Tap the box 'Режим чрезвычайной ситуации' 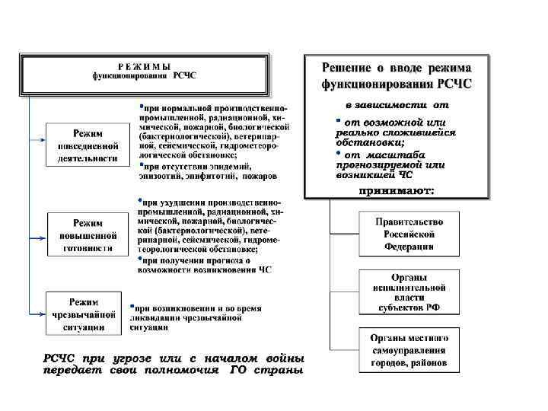(x=84, y=313)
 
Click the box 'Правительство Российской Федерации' (x=409, y=233)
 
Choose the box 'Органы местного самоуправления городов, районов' (x=409, y=350)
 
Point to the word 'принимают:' (x=397, y=190)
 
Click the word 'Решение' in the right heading (x=348, y=68)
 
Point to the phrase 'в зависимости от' (x=397, y=104)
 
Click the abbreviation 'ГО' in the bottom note (x=237, y=371)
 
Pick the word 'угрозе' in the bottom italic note (x=129, y=358)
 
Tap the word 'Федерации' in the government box (x=409, y=246)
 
